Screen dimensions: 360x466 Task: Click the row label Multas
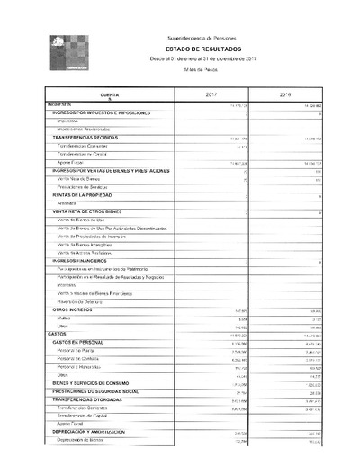(63, 318)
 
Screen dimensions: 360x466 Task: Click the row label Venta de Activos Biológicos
(87, 252)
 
